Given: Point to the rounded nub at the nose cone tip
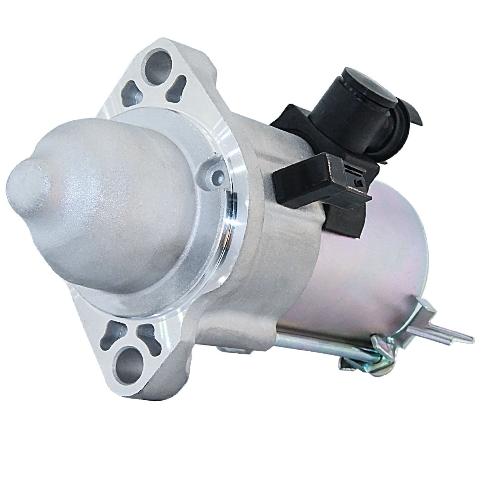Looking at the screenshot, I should pyautogui.click(x=30, y=183).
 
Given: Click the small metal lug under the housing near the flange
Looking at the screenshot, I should pyautogui.click(x=227, y=348).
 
